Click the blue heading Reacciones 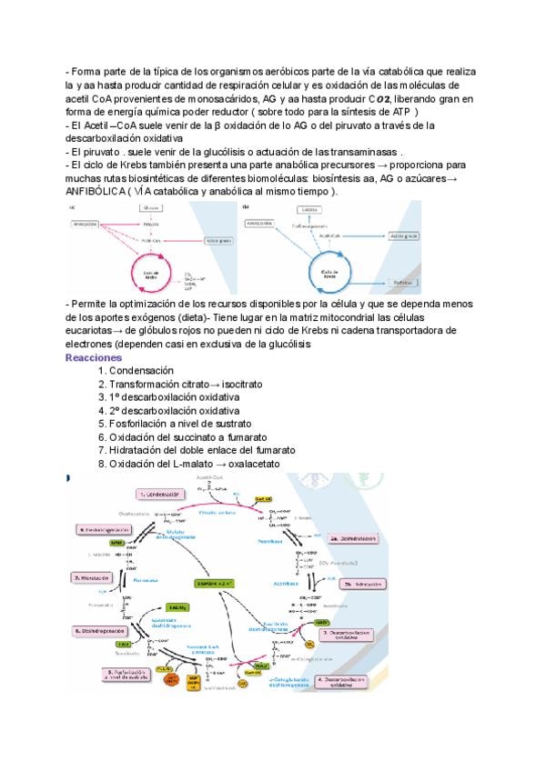tap(94, 357)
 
